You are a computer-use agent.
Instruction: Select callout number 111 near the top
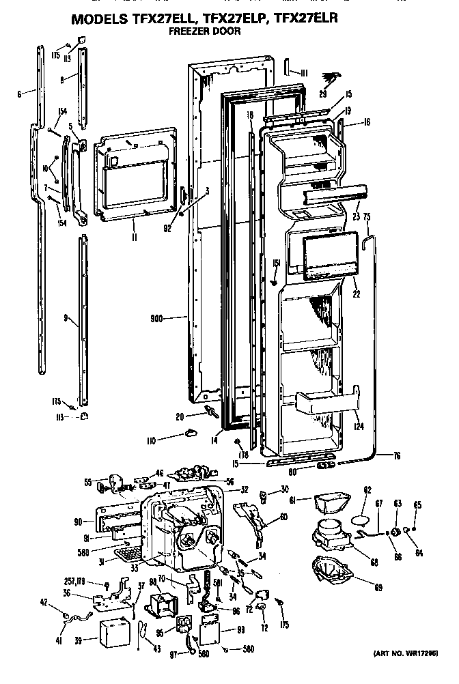[x=303, y=72]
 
